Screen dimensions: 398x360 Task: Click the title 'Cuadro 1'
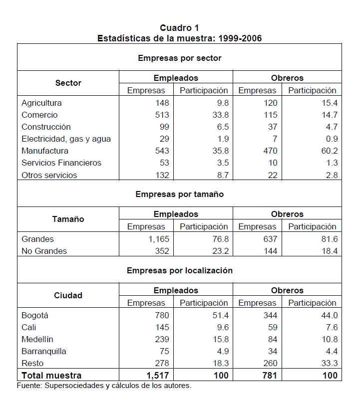coord(180,28)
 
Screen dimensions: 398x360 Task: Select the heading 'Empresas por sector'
coord(180,58)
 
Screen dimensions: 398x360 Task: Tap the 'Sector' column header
coord(68,83)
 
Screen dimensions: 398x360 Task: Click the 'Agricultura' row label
coord(41,103)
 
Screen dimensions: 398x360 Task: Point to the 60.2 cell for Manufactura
coord(330,151)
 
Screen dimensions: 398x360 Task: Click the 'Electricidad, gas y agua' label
coord(66,139)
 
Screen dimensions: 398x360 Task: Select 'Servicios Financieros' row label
coord(61,163)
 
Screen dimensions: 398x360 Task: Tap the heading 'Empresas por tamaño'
coord(180,194)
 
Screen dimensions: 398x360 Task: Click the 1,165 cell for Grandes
coord(159,239)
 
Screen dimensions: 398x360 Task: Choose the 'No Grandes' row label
coord(44,251)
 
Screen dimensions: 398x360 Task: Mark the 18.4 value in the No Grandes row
coord(330,251)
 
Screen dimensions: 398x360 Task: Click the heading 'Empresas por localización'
coord(180,270)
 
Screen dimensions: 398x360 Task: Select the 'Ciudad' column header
coord(68,295)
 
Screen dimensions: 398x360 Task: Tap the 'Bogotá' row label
coord(35,315)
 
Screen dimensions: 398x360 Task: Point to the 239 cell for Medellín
coord(163,339)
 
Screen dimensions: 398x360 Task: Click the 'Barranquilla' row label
coord(44,351)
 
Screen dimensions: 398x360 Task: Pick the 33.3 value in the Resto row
coord(330,363)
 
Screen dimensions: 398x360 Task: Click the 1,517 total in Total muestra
coord(159,375)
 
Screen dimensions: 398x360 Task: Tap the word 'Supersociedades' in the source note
coord(70,386)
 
